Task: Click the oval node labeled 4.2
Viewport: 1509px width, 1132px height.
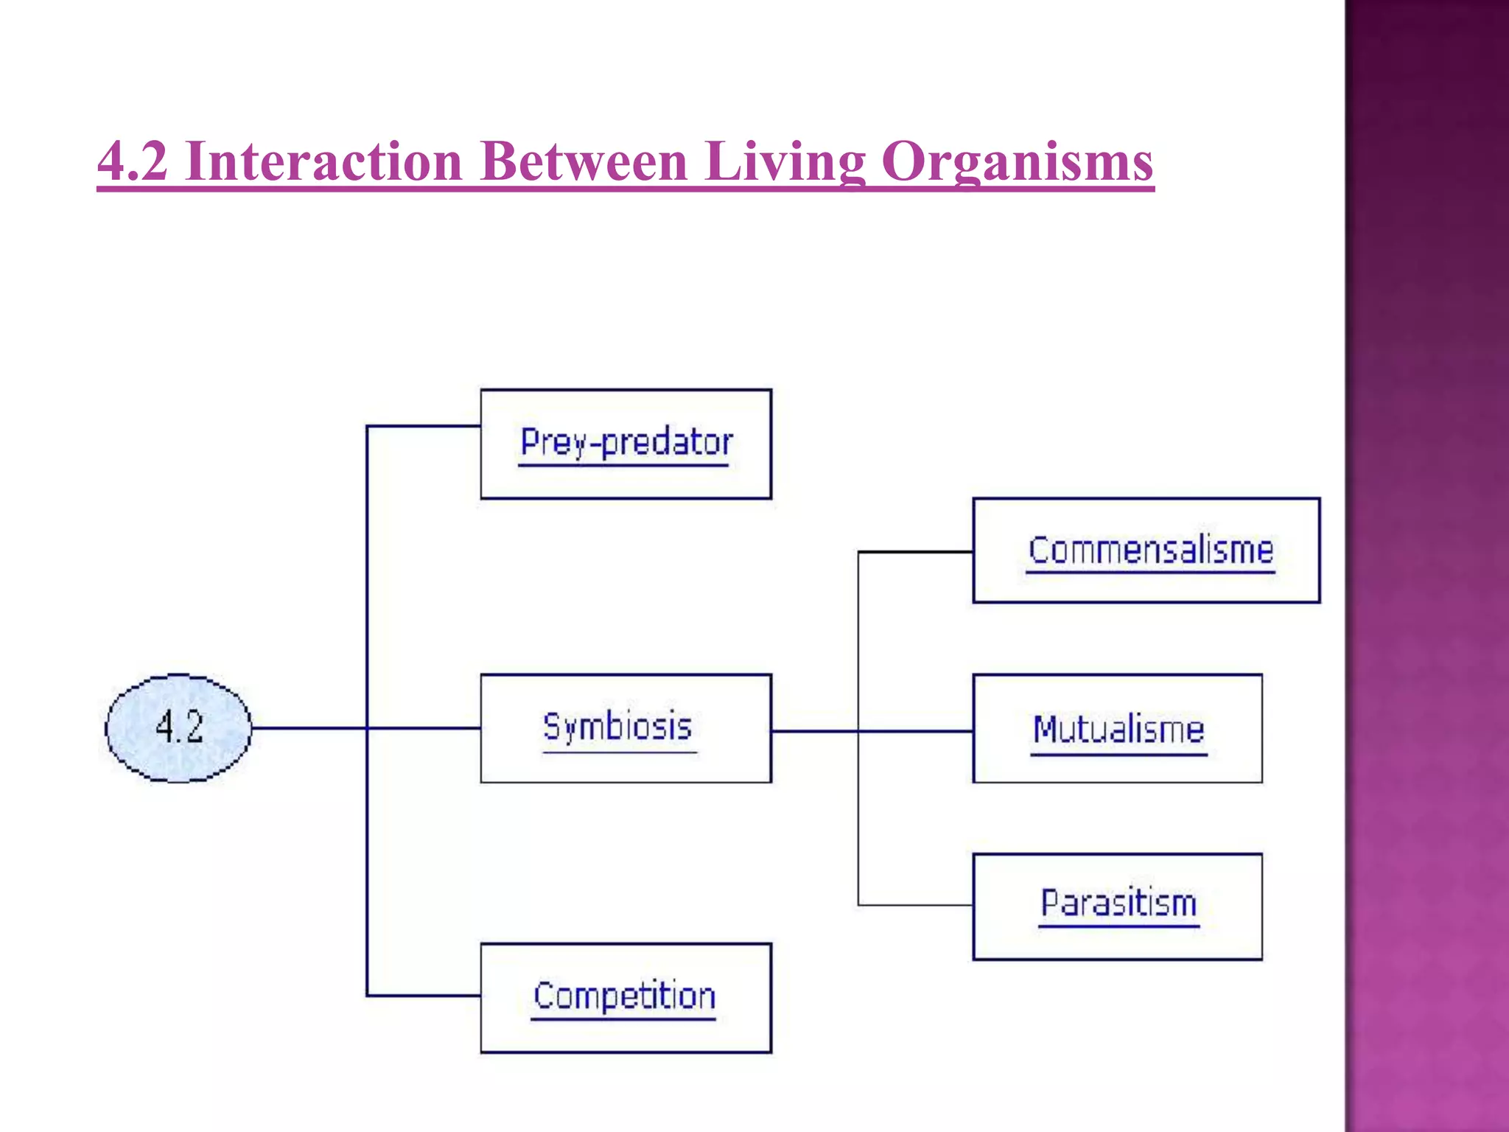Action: [178, 727]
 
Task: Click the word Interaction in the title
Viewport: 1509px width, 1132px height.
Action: [324, 161]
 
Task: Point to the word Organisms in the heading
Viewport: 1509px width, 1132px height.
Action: [1017, 161]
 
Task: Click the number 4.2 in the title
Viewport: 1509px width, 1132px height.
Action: [133, 161]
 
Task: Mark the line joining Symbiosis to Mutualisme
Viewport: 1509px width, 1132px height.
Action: [914, 731]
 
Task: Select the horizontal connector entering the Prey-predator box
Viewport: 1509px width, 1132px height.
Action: [424, 426]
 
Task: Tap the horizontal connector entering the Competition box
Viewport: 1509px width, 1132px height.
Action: [424, 996]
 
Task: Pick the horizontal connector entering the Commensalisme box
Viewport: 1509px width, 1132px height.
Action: [915, 551]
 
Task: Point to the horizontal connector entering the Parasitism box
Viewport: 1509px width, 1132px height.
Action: [915, 904]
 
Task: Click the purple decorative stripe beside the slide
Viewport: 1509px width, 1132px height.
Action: [1426, 566]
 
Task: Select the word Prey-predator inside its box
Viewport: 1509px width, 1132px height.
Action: [626, 442]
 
